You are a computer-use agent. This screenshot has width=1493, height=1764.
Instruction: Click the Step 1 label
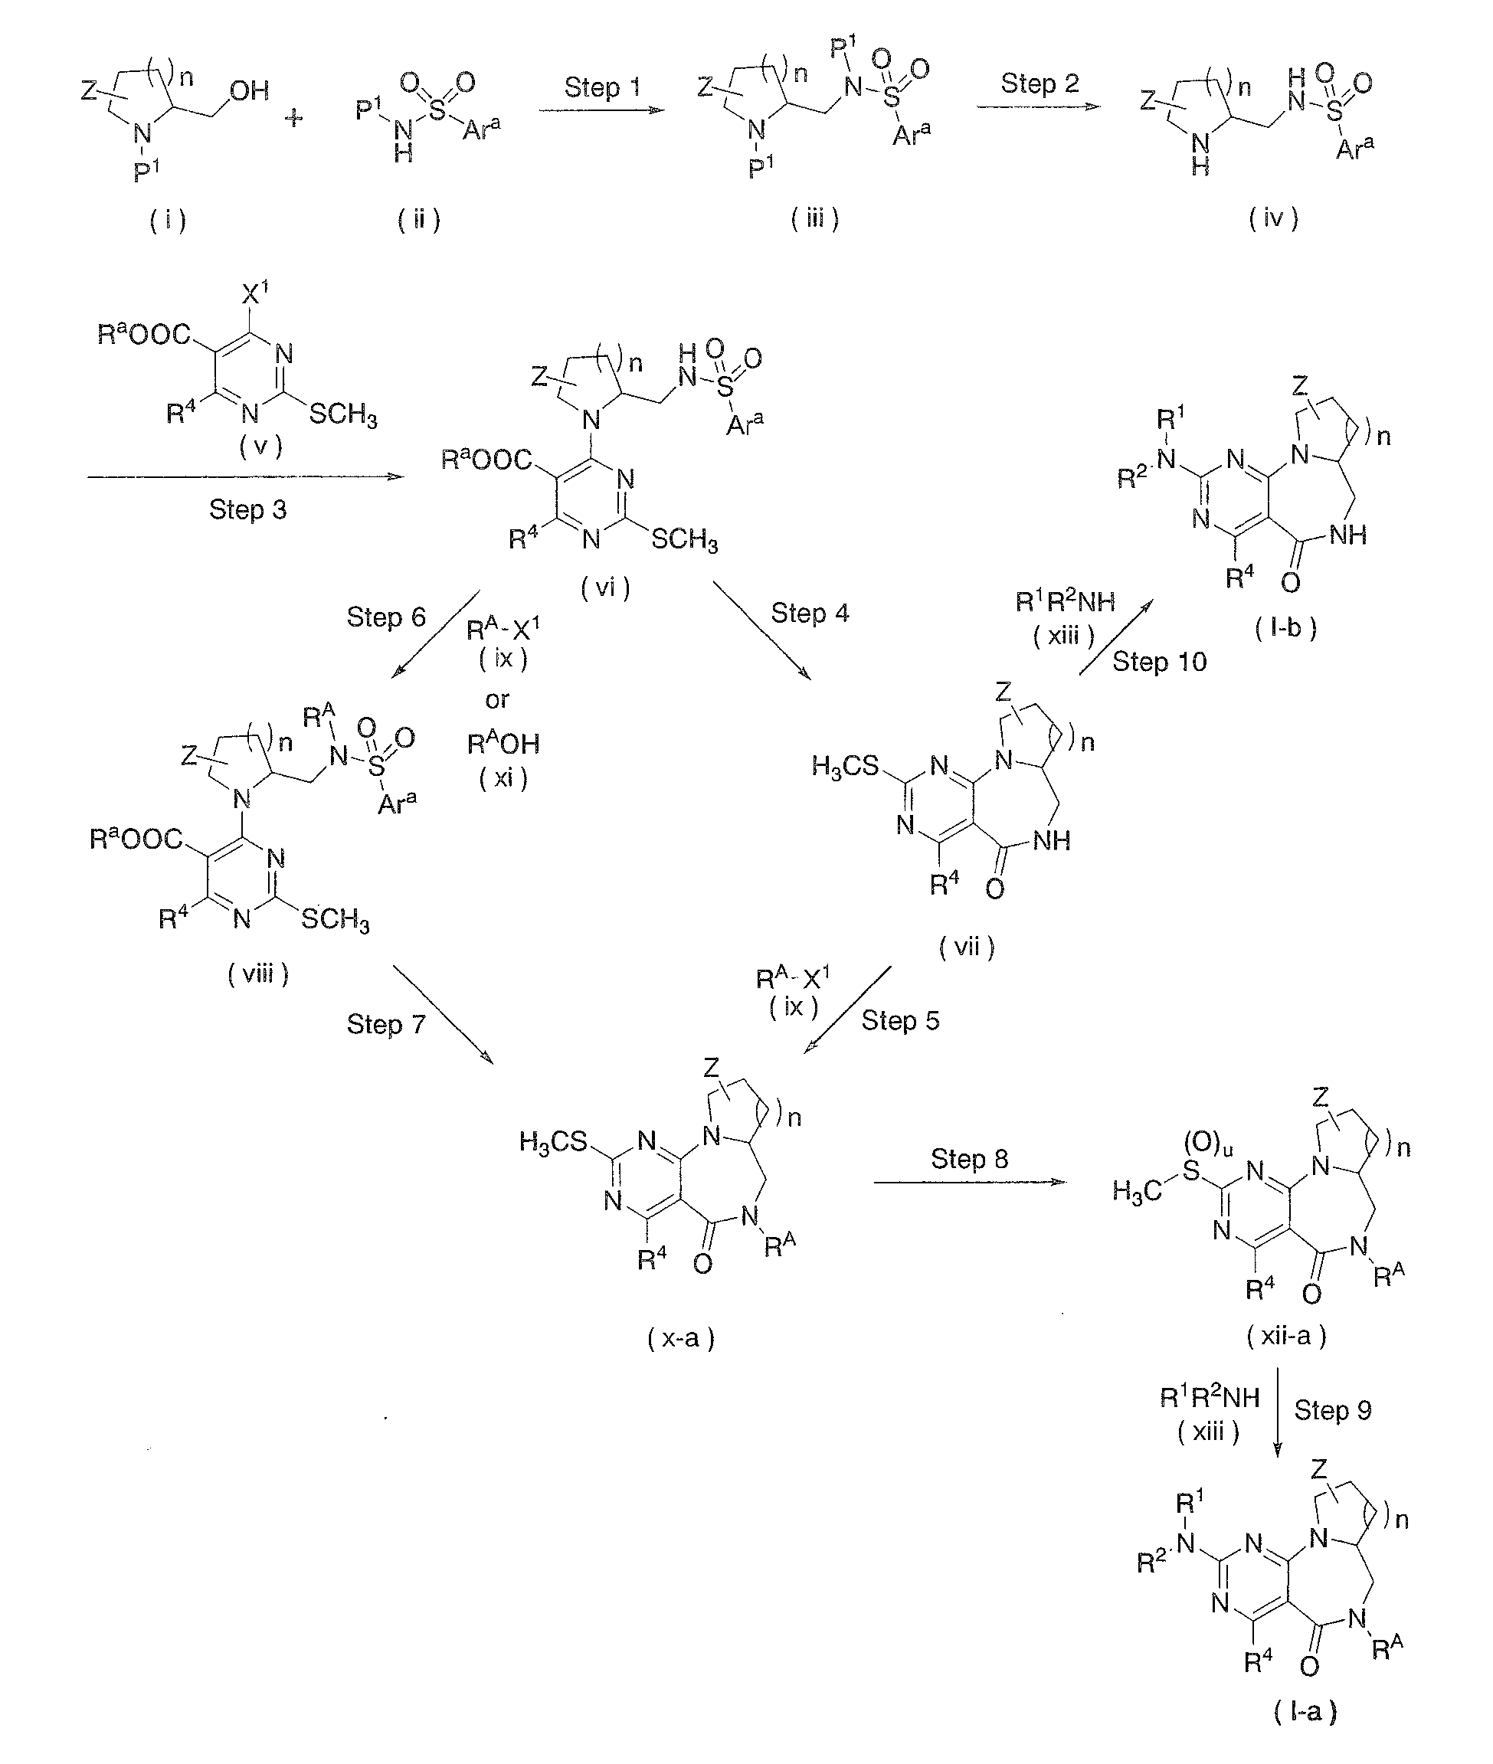pos(602,87)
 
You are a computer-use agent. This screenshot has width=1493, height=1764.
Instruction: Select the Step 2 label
pos(1040,83)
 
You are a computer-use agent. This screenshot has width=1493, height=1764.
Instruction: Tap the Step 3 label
pos(247,509)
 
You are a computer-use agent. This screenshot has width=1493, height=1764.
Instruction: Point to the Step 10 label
pos(1159,662)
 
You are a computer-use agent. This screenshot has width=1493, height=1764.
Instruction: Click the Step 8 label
pos(969,1159)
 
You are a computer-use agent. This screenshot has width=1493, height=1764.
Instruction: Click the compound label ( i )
pos(168,221)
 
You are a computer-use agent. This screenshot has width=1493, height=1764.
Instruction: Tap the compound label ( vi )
pos(605,587)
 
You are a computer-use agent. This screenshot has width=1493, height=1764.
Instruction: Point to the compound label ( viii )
pos(258,974)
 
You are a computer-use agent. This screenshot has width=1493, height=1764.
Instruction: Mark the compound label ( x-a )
pos(681,1338)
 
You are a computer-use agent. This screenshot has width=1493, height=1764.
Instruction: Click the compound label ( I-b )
pos(1285,628)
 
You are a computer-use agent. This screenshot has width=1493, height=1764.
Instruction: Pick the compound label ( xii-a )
pos(1285,1337)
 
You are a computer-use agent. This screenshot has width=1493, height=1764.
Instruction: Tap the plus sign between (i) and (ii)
pos(293,118)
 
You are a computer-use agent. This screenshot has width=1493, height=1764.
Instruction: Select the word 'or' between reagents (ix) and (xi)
pos(497,700)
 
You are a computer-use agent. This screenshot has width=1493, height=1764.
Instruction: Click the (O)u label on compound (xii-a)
pos(1209,1144)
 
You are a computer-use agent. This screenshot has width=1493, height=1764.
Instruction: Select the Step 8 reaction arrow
pos(970,1182)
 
